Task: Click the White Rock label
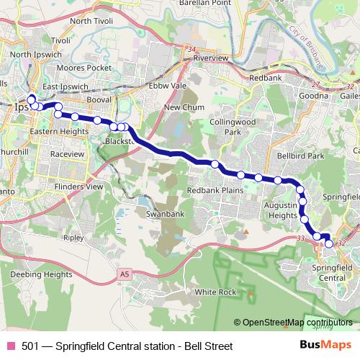click(215, 292)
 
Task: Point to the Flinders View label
click(78, 186)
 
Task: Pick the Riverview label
click(210, 57)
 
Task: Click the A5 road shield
click(125, 274)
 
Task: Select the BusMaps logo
click(325, 346)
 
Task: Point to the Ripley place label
click(73, 236)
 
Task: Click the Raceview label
click(68, 153)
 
